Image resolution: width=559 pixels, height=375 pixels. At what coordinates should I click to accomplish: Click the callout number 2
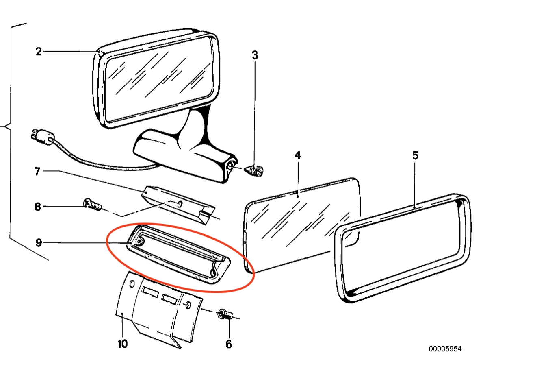click(39, 52)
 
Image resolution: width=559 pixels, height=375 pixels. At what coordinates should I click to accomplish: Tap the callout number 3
click(255, 55)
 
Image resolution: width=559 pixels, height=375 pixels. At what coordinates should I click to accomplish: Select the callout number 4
click(297, 155)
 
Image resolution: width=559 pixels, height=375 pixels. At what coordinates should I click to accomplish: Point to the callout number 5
click(415, 155)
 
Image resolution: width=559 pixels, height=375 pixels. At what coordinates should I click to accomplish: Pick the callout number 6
click(229, 344)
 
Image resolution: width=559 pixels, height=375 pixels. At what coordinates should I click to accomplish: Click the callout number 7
click(37, 171)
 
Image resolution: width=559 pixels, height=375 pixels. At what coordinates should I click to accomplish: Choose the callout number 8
click(37, 207)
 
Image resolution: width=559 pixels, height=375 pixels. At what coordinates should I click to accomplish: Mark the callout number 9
click(39, 242)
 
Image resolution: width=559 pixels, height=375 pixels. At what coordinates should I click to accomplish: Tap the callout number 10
click(123, 344)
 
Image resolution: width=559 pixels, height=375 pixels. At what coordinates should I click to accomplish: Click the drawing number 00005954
click(445, 349)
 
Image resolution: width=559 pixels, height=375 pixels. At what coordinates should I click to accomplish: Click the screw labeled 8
click(92, 205)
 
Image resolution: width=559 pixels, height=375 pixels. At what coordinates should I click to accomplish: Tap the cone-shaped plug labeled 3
click(253, 171)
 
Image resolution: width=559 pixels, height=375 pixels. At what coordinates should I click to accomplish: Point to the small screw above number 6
click(225, 314)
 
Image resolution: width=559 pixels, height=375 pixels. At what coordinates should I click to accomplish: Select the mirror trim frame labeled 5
click(402, 248)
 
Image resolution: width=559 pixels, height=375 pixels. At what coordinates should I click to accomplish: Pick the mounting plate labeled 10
click(159, 310)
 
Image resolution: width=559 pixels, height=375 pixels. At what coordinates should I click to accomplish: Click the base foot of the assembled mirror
click(185, 156)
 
